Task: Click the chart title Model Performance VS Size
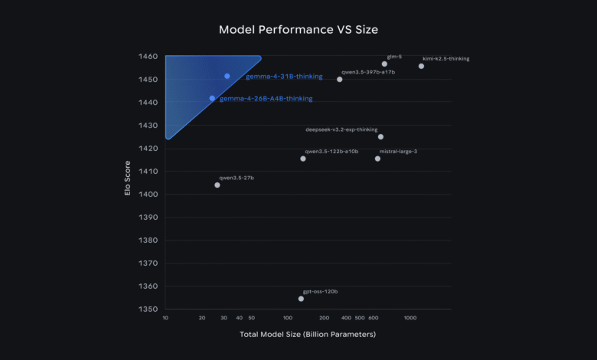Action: click(298, 30)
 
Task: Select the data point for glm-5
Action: click(384, 64)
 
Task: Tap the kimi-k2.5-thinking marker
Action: click(421, 66)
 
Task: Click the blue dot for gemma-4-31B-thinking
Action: click(227, 76)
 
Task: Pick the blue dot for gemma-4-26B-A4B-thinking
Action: click(212, 98)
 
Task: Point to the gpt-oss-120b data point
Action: click(301, 299)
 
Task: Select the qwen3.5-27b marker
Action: click(217, 185)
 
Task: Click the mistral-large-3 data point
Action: click(377, 159)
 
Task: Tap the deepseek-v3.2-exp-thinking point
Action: click(380, 136)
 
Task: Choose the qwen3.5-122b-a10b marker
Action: click(303, 159)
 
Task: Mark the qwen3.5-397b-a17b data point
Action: click(340, 79)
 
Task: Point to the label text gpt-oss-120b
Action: click(320, 291)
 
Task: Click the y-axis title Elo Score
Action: click(129, 178)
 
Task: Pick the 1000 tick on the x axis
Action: click(410, 317)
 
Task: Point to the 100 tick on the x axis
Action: click(288, 317)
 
